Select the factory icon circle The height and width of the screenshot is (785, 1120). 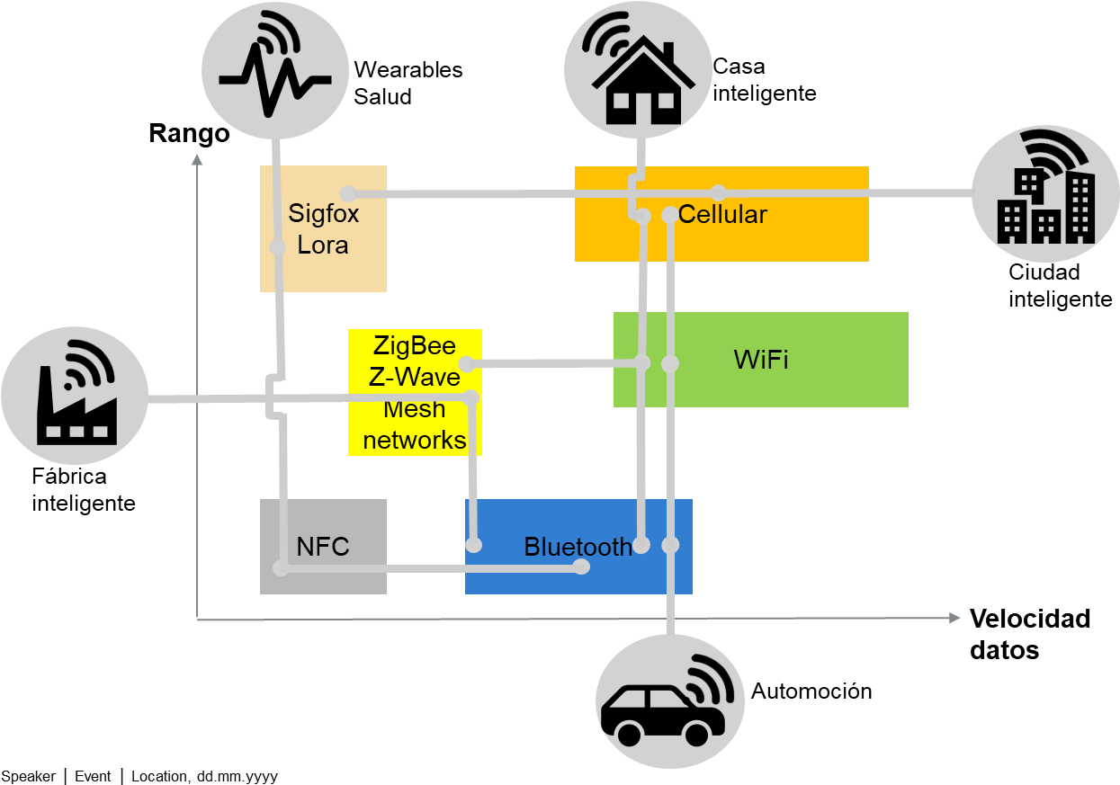point(74,396)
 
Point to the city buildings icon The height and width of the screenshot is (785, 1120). point(1045,193)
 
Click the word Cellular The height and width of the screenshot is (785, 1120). point(722,214)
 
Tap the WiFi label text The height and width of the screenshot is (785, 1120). point(761,360)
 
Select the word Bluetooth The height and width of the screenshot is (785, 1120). point(578,547)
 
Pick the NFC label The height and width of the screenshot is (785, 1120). point(323,547)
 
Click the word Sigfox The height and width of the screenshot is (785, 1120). point(323,213)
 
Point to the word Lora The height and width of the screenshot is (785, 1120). point(323,245)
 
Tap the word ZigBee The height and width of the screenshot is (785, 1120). point(415,345)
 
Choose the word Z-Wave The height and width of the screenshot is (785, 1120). point(415,377)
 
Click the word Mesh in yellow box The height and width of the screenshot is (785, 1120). point(415,409)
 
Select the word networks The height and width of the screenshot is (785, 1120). point(415,440)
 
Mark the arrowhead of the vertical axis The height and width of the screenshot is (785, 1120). point(197,159)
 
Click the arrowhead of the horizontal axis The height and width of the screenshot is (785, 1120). point(954,618)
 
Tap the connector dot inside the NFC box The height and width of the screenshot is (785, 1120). point(282,568)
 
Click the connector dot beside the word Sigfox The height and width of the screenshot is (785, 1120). point(348,193)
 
